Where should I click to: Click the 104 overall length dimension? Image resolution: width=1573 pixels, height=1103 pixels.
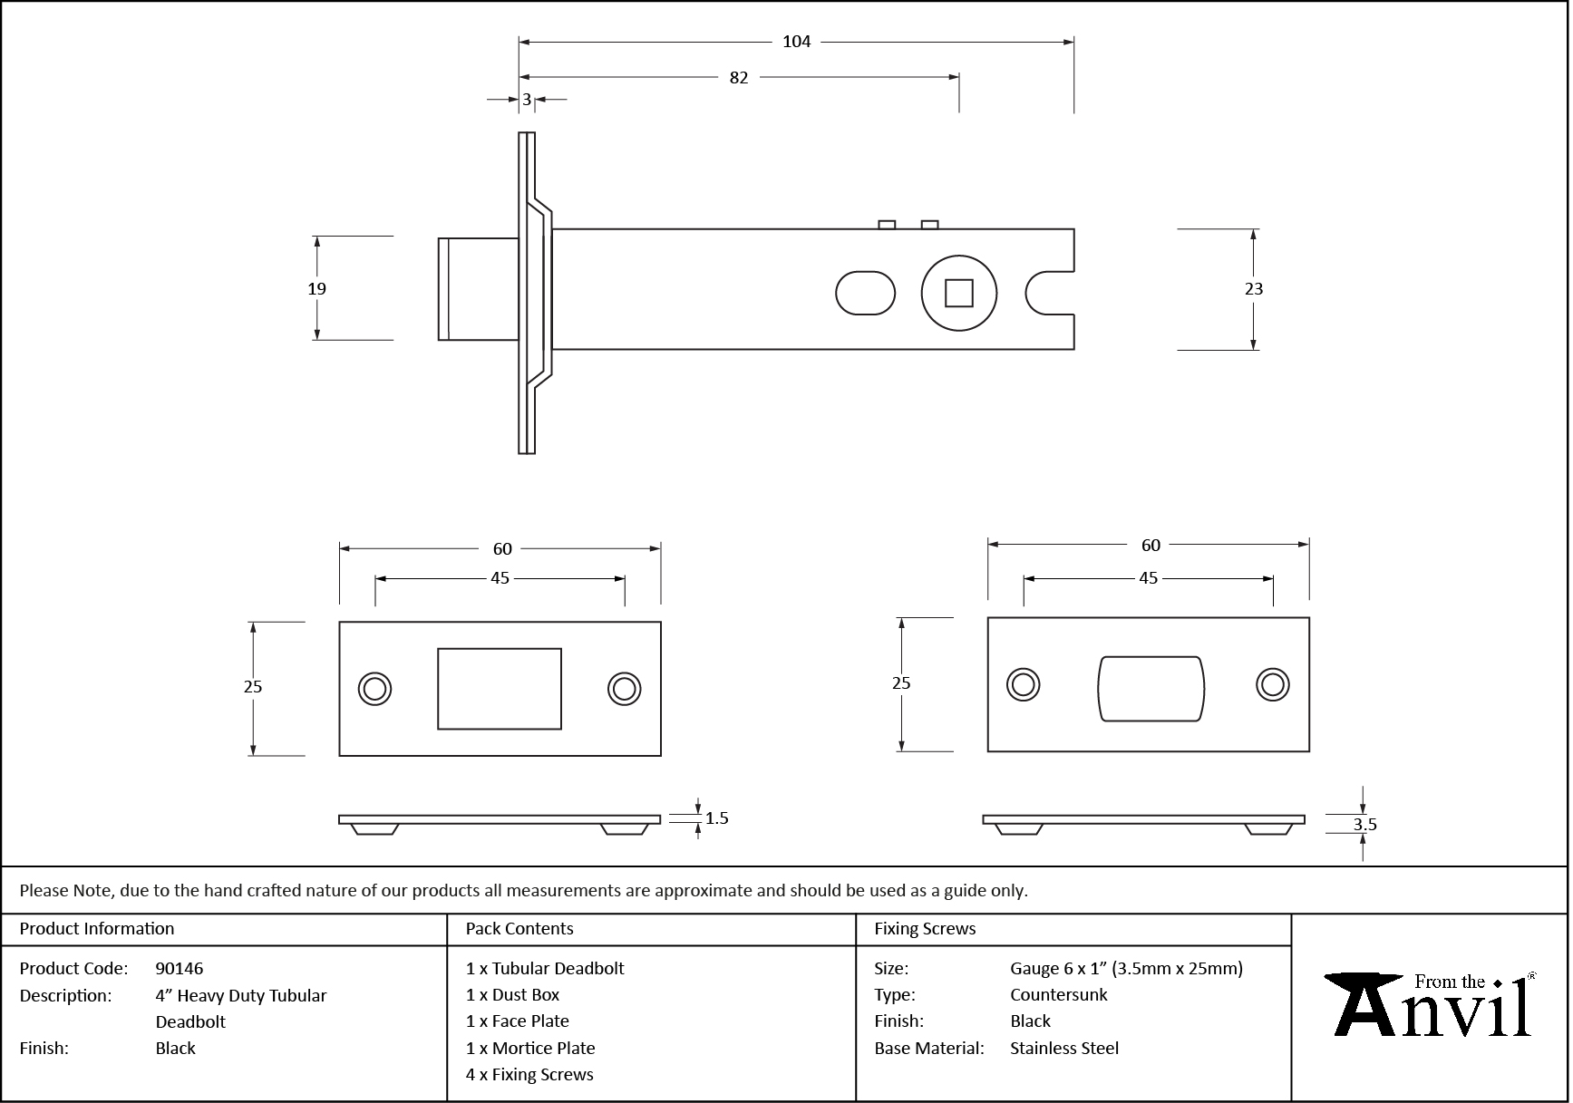(x=796, y=42)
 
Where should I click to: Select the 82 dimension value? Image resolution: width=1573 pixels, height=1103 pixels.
(x=739, y=78)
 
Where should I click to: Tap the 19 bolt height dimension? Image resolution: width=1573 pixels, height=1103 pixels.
(x=316, y=289)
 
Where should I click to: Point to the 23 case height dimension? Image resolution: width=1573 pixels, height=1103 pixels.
(x=1253, y=289)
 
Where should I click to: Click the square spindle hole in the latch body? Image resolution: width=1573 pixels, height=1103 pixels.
(x=958, y=294)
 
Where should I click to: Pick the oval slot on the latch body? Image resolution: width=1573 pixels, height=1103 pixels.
(x=864, y=293)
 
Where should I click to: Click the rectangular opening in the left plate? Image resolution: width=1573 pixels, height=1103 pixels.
(x=500, y=689)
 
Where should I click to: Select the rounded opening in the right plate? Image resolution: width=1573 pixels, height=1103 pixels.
(x=1151, y=689)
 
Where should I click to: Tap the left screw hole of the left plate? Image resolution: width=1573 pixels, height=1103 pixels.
(x=374, y=689)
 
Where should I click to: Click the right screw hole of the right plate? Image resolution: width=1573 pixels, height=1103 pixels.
(x=1273, y=685)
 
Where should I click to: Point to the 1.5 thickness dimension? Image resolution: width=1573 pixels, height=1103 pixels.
(x=716, y=818)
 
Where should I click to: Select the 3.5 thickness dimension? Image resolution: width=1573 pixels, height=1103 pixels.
(x=1364, y=825)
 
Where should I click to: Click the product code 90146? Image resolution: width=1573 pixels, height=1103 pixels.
(x=180, y=968)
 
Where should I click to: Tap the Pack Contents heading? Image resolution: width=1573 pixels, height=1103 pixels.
(x=519, y=929)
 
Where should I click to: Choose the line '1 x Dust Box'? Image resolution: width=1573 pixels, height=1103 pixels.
(x=512, y=995)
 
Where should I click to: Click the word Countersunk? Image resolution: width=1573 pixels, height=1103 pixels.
(x=1058, y=995)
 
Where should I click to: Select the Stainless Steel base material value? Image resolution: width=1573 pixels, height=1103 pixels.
(x=1064, y=1049)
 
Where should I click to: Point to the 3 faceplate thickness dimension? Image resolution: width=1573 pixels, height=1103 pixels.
(x=527, y=100)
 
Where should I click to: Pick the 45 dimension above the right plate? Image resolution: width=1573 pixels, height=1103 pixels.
(x=1148, y=578)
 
